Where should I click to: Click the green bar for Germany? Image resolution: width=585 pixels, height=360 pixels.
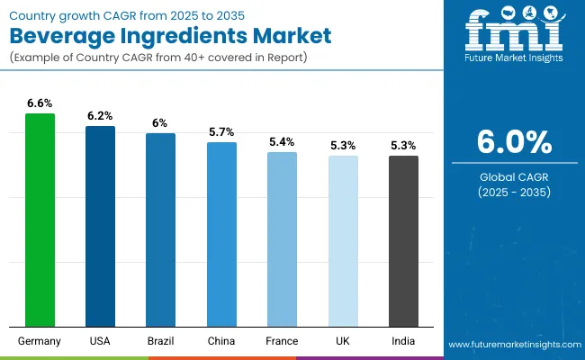tap(40, 220)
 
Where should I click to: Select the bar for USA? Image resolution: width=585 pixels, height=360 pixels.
tap(100, 226)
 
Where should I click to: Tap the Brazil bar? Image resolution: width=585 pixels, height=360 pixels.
tap(160, 229)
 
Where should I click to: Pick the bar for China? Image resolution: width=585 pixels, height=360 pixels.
tap(221, 234)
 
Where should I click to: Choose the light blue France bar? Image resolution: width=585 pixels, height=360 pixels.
tap(282, 239)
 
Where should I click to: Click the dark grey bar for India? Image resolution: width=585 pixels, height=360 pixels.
tap(403, 241)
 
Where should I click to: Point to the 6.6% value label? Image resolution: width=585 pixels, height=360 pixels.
tap(40, 103)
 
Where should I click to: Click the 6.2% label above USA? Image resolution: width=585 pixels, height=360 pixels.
tap(100, 116)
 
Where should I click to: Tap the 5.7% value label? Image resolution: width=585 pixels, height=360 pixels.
tap(221, 132)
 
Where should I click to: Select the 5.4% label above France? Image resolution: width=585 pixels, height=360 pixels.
tap(282, 142)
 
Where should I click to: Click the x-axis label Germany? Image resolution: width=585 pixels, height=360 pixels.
tap(40, 341)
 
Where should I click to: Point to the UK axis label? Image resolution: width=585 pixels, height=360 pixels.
tap(343, 341)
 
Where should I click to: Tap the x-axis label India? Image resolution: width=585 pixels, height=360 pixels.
tap(403, 341)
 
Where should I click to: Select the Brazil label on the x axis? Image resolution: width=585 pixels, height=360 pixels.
tap(160, 341)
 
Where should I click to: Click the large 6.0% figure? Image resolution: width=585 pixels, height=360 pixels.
tap(514, 143)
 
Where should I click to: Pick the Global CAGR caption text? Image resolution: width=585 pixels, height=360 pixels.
tap(514, 176)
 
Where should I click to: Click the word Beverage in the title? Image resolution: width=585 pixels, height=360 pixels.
tap(74, 38)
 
